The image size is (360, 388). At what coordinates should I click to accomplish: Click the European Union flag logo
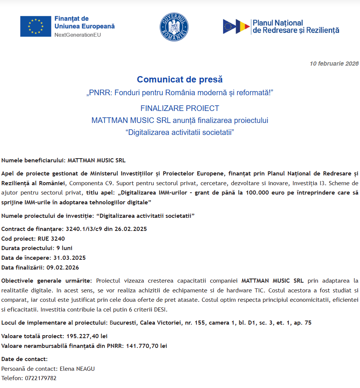pos(36,26)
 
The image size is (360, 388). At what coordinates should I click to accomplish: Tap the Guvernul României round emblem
pos(174,27)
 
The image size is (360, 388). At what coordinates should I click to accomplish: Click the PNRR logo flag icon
pos(237,27)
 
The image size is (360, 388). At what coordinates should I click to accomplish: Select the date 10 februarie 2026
pos(334,63)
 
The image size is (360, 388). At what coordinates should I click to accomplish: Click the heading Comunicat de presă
pos(180,79)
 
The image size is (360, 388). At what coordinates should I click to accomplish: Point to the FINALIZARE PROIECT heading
pos(180,108)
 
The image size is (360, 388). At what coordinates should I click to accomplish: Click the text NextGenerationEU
pos(78,35)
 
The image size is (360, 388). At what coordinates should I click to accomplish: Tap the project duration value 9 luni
pos(64,248)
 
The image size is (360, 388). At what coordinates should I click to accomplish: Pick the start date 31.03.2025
pos(69,258)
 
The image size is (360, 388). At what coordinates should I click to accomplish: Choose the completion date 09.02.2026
pos(63,268)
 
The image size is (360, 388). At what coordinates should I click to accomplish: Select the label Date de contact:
pos(25,359)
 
